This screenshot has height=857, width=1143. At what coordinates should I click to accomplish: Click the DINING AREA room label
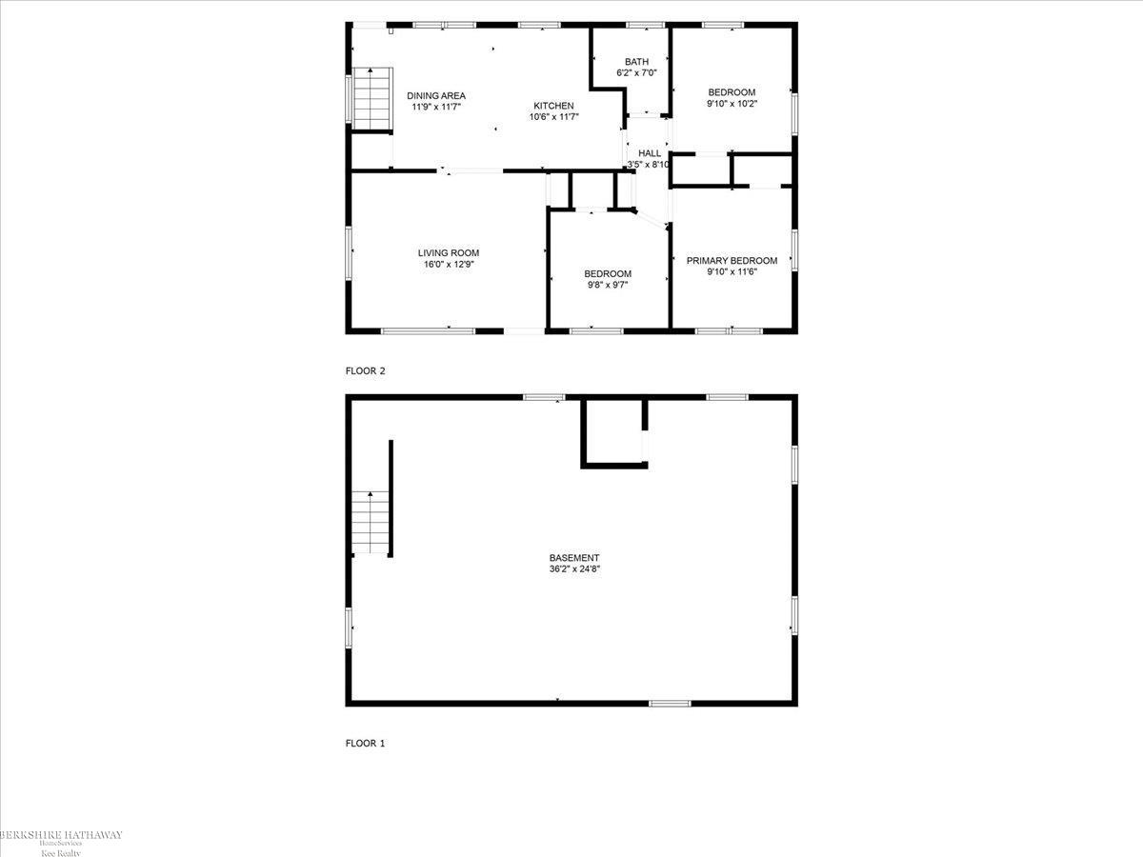(436, 95)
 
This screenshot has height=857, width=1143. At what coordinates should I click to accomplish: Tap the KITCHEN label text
(553, 105)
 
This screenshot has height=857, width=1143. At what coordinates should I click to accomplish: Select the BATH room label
(636, 61)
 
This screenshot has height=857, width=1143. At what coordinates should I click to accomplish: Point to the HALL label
(650, 153)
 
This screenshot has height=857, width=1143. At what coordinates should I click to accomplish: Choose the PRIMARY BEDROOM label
(732, 261)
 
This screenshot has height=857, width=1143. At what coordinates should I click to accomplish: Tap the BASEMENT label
(574, 558)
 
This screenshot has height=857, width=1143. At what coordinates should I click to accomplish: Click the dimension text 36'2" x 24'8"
(574, 569)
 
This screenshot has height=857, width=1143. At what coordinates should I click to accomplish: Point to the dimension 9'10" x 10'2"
(732, 104)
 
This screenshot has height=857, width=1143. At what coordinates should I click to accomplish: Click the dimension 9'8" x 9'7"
(608, 285)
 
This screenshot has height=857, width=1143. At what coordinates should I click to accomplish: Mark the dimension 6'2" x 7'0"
(636, 72)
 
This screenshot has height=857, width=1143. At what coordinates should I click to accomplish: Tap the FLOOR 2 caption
(365, 371)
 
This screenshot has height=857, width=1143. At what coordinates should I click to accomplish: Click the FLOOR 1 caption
(365, 744)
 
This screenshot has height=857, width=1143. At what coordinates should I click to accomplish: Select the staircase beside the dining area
(372, 98)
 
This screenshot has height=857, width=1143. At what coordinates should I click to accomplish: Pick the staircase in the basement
(370, 521)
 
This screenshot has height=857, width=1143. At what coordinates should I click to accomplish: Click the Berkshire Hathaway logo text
(61, 835)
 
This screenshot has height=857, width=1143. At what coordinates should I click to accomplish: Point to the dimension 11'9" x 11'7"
(436, 107)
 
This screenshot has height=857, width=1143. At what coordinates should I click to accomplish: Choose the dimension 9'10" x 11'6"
(732, 272)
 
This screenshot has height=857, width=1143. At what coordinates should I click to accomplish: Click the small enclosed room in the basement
(613, 433)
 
